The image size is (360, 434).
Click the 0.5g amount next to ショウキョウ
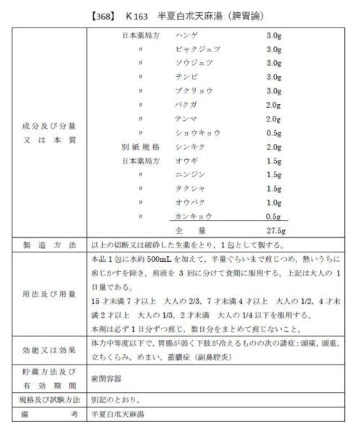pos(273,132)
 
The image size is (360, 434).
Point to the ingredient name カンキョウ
pos(192,216)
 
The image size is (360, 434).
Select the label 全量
pos(187,230)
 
